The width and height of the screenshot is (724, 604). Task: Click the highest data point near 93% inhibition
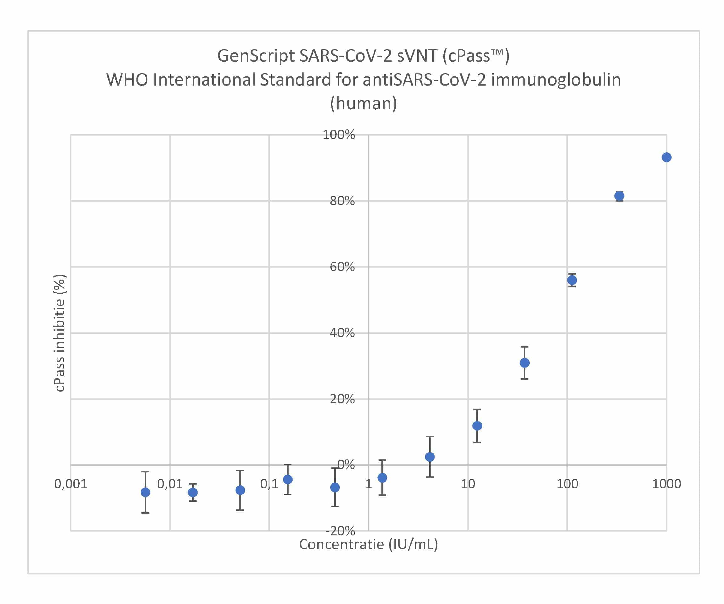[x=667, y=157]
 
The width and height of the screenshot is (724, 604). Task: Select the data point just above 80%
[x=619, y=196]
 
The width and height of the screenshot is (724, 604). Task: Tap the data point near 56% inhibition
[x=572, y=280]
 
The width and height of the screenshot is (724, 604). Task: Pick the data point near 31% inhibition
[x=524, y=363]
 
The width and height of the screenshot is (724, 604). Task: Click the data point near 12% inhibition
[x=477, y=426]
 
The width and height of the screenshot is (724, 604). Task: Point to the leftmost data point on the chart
[x=146, y=492]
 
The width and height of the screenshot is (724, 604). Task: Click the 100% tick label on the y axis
[x=338, y=135]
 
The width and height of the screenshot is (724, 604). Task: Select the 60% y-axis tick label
[x=342, y=267]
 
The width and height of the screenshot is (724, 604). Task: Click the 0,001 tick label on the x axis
[x=71, y=484]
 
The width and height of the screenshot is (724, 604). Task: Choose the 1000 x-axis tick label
[x=667, y=484]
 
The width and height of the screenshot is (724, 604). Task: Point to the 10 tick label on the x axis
[x=468, y=484]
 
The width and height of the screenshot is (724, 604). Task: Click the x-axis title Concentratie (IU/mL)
[x=368, y=545]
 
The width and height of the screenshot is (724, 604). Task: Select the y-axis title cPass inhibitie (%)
[x=59, y=333]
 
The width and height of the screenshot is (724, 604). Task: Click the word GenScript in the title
[x=256, y=56]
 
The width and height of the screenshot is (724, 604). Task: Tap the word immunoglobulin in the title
[x=556, y=80]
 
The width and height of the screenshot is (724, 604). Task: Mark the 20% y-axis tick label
[x=342, y=399]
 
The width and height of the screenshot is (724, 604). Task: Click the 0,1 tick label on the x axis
[x=269, y=484]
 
